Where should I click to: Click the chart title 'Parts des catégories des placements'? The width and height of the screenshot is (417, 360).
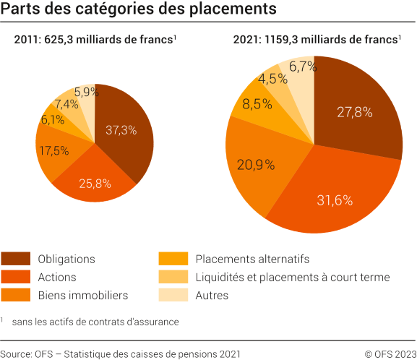[139, 10]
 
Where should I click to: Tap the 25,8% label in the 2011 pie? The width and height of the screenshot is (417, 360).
[95, 184]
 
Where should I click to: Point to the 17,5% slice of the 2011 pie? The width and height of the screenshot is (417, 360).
[55, 151]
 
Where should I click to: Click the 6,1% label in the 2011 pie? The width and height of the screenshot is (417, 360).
[52, 120]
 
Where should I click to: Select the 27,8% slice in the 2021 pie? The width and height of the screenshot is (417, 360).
[355, 112]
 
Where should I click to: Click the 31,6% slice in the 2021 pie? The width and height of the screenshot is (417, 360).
[335, 200]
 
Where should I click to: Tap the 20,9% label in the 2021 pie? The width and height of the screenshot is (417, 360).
[256, 165]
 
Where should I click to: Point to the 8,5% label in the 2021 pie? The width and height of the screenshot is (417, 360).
[257, 104]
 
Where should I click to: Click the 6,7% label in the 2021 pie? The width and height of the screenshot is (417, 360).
[302, 67]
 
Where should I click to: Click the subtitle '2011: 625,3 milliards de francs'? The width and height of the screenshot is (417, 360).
[94, 40]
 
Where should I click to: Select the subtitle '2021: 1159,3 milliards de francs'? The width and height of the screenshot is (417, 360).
[316, 40]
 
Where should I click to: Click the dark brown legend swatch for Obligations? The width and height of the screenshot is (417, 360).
[16, 258]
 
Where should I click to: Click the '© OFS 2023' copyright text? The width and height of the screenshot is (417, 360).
[389, 353]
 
